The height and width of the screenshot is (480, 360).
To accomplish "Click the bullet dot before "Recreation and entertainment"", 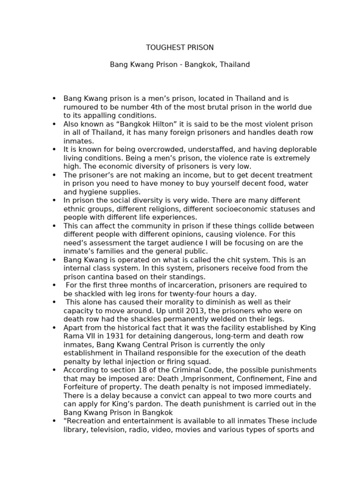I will [54, 421].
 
